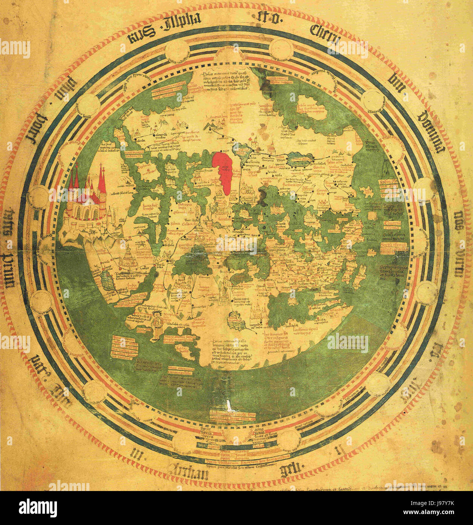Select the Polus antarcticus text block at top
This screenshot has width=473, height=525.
[226, 83]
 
